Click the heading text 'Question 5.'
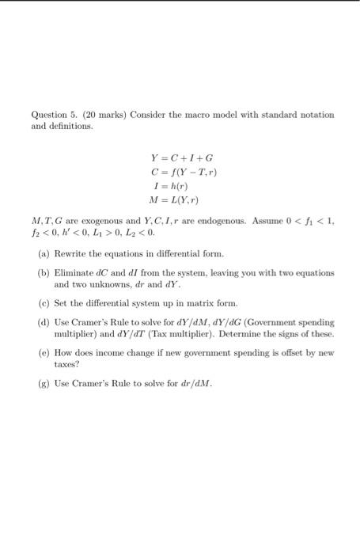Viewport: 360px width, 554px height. [x=48, y=115]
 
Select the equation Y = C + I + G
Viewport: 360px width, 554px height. [x=180, y=156]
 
